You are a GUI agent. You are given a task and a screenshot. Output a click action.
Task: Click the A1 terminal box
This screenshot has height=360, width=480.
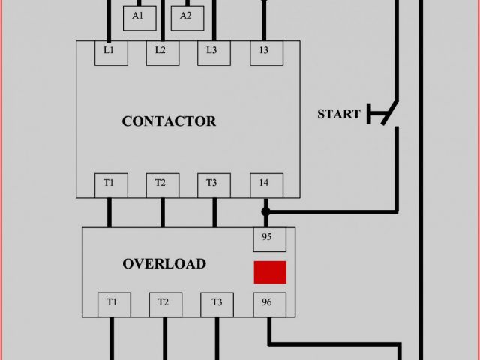pos(138,16)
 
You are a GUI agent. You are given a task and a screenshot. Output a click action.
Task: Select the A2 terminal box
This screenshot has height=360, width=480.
pos(186,16)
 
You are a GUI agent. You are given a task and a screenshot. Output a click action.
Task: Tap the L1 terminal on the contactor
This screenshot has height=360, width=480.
pos(109,51)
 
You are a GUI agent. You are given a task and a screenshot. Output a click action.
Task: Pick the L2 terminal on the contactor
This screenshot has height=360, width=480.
pos(161,51)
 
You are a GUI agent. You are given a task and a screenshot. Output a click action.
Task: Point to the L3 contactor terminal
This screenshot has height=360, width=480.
pos(213,51)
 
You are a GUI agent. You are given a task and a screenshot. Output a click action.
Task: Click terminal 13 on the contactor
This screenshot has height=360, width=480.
pos(265,51)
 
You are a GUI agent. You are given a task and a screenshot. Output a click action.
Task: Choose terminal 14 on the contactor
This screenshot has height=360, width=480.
pos(265,183)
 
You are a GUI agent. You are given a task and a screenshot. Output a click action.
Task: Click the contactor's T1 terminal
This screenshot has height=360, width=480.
pos(109,183)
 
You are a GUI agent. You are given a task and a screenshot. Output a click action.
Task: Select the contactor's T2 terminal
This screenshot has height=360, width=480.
pos(161,183)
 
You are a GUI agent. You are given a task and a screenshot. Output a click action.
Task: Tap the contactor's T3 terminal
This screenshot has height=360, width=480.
pos(213,183)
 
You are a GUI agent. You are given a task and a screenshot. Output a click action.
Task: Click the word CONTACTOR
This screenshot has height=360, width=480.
pos(169,121)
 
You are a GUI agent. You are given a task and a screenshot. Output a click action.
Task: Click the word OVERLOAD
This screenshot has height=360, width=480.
pos(164,264)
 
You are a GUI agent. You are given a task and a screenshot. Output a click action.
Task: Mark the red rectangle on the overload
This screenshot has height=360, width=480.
pos(270,271)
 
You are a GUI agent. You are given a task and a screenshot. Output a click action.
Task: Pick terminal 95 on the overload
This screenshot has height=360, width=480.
pos(268,238)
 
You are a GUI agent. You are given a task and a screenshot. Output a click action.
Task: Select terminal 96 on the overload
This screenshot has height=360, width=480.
pos(268,303)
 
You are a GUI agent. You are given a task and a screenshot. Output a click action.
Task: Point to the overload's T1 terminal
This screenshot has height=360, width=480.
pos(112,303)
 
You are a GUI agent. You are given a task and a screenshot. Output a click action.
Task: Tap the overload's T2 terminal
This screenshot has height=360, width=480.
pos(164,303)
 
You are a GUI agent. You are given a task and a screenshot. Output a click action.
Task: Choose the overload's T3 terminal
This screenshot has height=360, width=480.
pos(217,303)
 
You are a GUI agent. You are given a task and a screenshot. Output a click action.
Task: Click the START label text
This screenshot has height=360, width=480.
pos(339,115)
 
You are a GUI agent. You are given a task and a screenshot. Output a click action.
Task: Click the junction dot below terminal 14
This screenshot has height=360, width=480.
pos(265,212)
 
